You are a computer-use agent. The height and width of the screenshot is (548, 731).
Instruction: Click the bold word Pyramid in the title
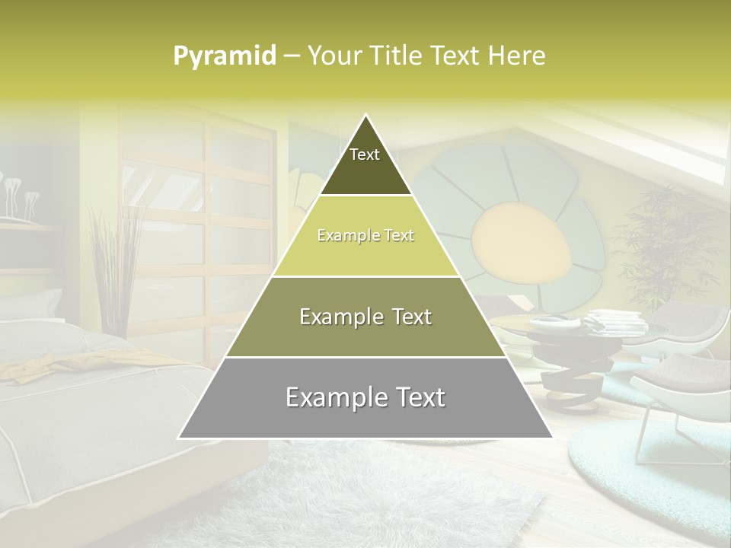pyautogui.click(x=224, y=56)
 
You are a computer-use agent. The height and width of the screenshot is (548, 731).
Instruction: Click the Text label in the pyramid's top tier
pyautogui.click(x=365, y=155)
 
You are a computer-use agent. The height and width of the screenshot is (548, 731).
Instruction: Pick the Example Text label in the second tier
pyautogui.click(x=365, y=236)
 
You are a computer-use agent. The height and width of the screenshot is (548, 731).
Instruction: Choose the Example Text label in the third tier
pyautogui.click(x=365, y=317)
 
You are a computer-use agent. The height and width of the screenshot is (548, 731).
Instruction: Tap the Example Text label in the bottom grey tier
pyautogui.click(x=365, y=397)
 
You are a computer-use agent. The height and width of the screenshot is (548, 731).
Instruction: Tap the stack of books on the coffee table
pyautogui.click(x=617, y=320)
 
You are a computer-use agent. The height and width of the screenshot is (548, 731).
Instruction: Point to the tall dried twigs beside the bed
pyautogui.click(x=114, y=259)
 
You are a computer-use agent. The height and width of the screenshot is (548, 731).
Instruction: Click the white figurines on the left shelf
pyautogui.click(x=19, y=194)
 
